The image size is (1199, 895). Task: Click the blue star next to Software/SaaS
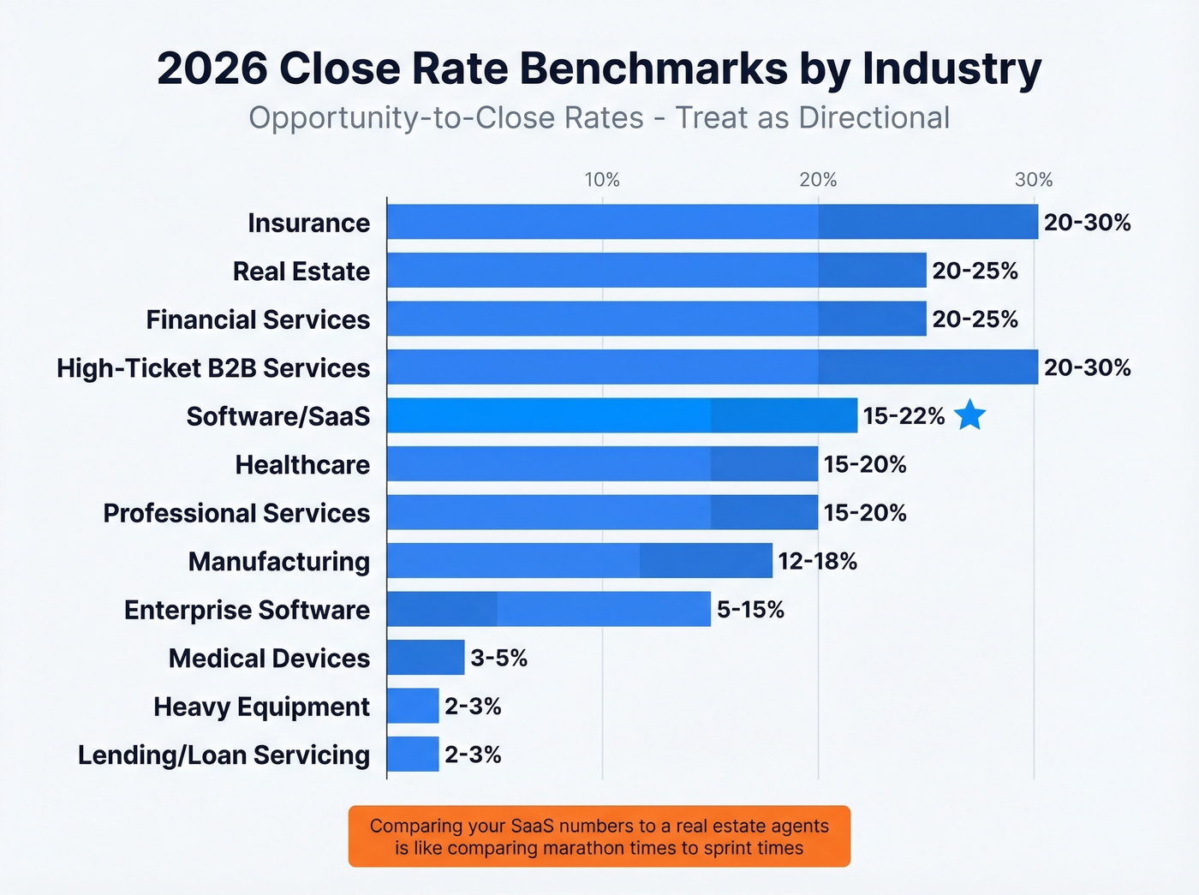click(x=969, y=415)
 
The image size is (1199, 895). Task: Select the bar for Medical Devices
click(x=426, y=658)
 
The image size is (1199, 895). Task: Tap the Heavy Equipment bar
click(x=413, y=706)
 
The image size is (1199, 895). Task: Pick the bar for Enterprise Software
click(x=548, y=609)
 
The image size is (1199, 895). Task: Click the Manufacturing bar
click(x=579, y=561)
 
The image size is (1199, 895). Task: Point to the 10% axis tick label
click(x=602, y=180)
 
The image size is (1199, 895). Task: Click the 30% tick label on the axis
click(x=1034, y=180)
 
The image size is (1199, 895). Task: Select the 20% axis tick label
click(x=818, y=180)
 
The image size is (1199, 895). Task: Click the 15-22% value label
click(x=904, y=416)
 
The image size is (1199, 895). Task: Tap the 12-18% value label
click(x=817, y=561)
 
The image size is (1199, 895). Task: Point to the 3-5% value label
click(x=498, y=658)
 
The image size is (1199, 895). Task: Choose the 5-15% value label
click(x=750, y=609)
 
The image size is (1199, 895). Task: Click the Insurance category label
click(x=308, y=223)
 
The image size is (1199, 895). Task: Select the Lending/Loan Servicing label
click(x=224, y=755)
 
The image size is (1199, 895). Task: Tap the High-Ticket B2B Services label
click(x=213, y=367)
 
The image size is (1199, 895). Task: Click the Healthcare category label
click(x=302, y=464)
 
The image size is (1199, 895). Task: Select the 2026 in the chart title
click(x=212, y=69)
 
